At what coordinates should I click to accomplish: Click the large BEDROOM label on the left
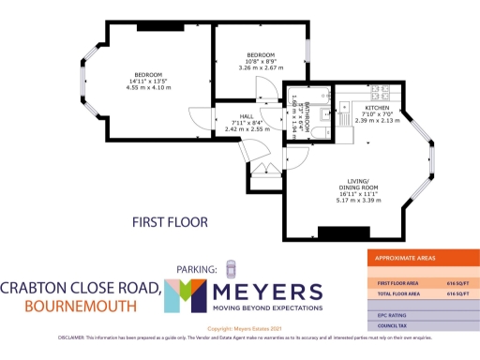click(x=148, y=74)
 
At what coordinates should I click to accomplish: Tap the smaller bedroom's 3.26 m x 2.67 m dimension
click(x=261, y=67)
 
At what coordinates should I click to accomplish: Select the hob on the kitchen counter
click(x=382, y=94)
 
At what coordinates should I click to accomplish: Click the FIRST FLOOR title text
click(x=169, y=222)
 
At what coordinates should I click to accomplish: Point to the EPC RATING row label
click(x=392, y=315)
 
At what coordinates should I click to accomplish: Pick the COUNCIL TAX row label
click(x=392, y=326)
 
